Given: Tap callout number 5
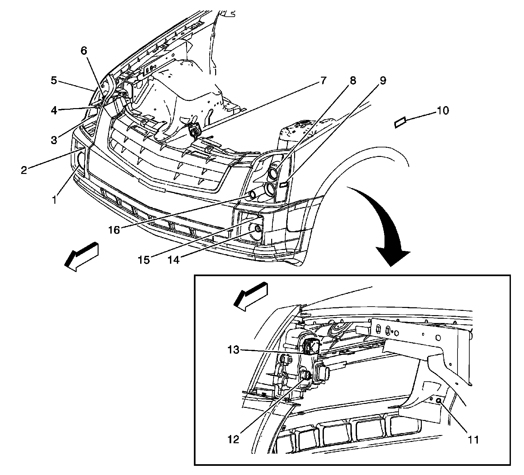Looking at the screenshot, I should [54, 80].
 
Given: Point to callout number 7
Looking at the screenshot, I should [323, 80].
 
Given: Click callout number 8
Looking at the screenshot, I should [352, 80].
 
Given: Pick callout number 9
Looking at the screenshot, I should [383, 80].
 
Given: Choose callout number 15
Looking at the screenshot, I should [143, 259].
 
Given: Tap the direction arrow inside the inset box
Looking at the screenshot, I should [251, 295].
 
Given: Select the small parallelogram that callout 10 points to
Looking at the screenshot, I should [400, 122].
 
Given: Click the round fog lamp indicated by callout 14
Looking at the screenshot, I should [256, 228].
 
